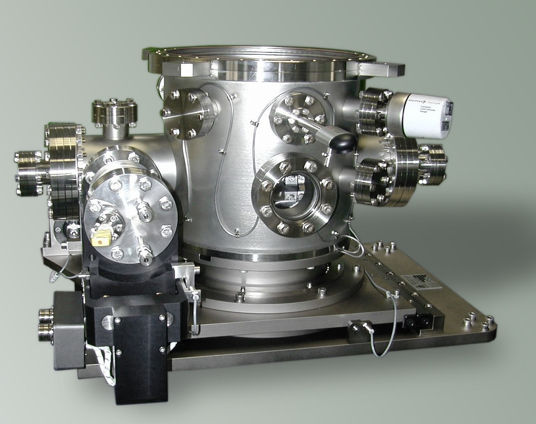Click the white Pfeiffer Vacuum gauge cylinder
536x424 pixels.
tap(424, 115)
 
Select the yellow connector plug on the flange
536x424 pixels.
tap(101, 238)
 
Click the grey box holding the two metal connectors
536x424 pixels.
tap(68, 325)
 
